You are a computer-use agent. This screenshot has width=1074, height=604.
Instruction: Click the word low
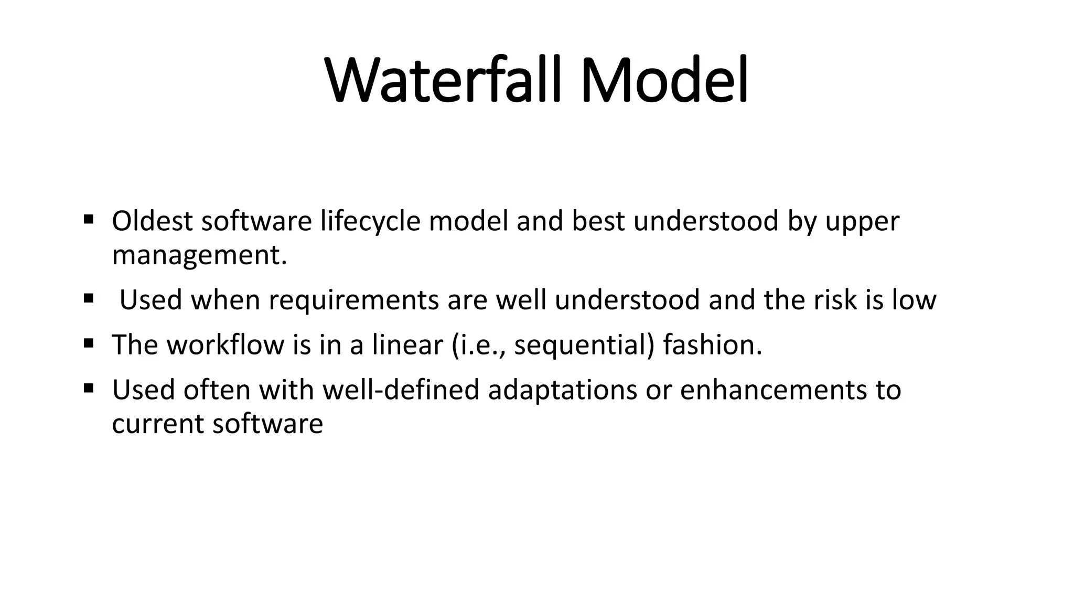coord(914,300)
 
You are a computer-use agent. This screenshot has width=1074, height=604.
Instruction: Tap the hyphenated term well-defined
coord(401,390)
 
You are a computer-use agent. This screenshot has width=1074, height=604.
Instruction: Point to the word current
coord(158,424)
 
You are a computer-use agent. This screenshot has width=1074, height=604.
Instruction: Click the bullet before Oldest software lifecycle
coord(88,218)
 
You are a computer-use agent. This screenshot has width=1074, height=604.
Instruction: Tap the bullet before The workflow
coord(88,343)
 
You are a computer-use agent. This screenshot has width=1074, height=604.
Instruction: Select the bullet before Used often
coord(88,389)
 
